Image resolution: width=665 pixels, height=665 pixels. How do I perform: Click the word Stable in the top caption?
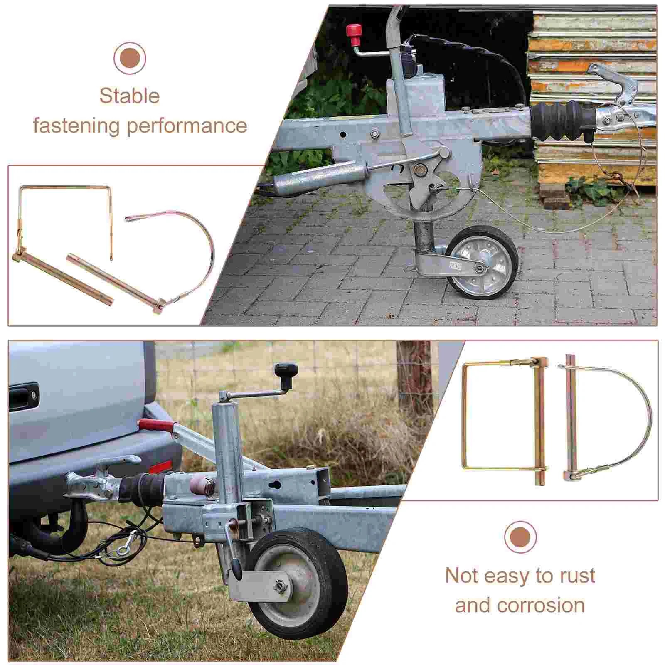129,96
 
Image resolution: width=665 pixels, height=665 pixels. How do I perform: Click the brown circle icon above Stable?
130,58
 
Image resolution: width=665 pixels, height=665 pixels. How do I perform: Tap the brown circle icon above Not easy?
520,537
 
